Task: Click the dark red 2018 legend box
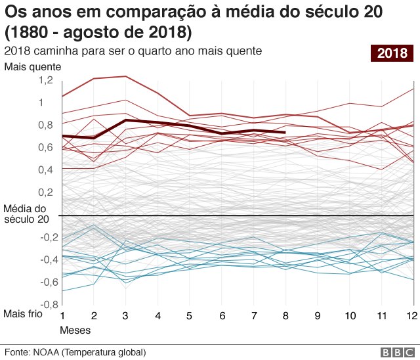click(x=392, y=53)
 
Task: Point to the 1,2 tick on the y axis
click(x=45, y=79)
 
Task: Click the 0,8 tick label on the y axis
click(x=45, y=125)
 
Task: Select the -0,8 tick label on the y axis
click(x=44, y=305)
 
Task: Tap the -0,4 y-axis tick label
click(x=44, y=259)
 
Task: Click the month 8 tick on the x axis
click(x=285, y=316)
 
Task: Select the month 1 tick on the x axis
click(x=63, y=316)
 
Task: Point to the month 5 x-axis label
click(x=190, y=316)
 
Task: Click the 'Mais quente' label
click(x=32, y=66)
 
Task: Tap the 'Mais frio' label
click(x=23, y=314)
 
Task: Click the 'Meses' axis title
click(x=75, y=329)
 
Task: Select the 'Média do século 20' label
click(x=26, y=214)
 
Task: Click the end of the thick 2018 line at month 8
click(x=285, y=133)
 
